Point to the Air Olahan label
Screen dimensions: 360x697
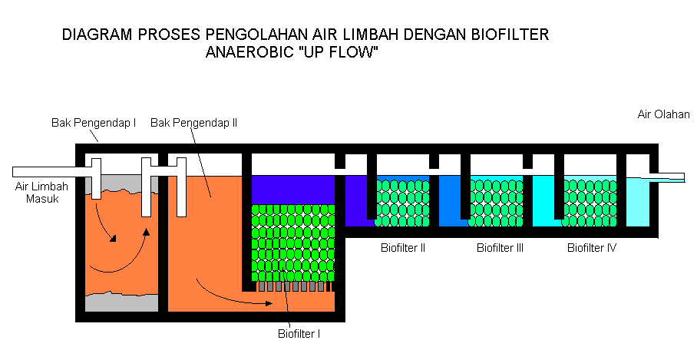664,114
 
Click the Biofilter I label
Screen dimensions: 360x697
299,333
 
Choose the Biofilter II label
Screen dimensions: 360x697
403,248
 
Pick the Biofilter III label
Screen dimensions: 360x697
500,248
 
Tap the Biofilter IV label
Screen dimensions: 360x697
592,248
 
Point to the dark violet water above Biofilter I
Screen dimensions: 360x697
292,189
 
